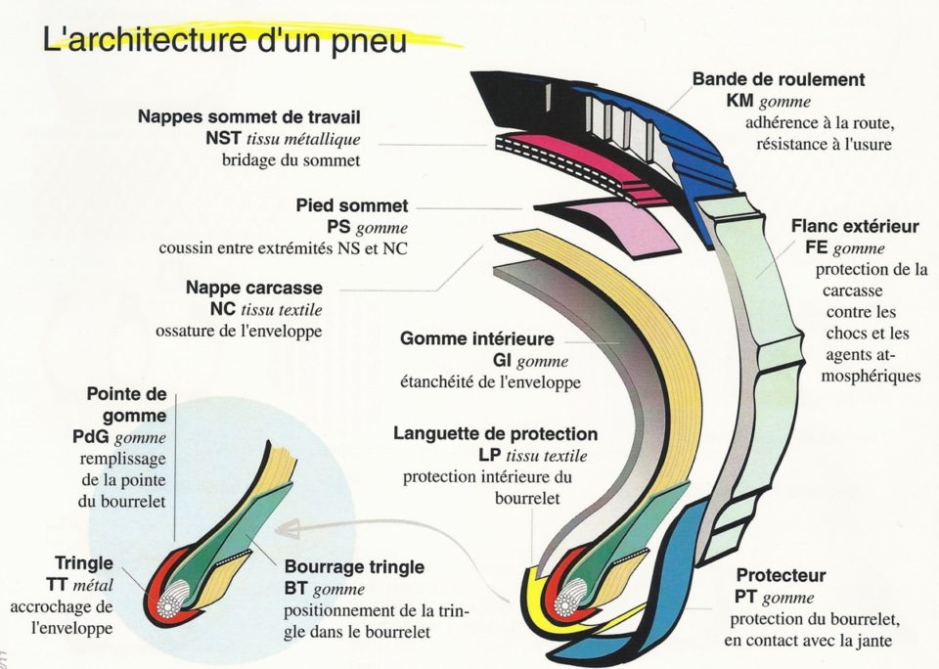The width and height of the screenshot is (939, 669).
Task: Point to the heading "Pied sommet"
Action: pyautogui.click(x=352, y=206)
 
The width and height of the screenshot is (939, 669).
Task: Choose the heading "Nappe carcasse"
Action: pyautogui.click(x=253, y=289)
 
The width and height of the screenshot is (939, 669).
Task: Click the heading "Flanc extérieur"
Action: pyautogui.click(x=855, y=227)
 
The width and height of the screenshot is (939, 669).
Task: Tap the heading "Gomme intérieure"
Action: pyautogui.click(x=476, y=339)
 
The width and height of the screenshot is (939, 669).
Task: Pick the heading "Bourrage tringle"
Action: pyautogui.click(x=354, y=567)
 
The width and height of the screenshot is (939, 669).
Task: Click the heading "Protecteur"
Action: pyautogui.click(x=781, y=575)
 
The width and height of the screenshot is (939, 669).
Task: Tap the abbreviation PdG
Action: pyautogui.click(x=105, y=437)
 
